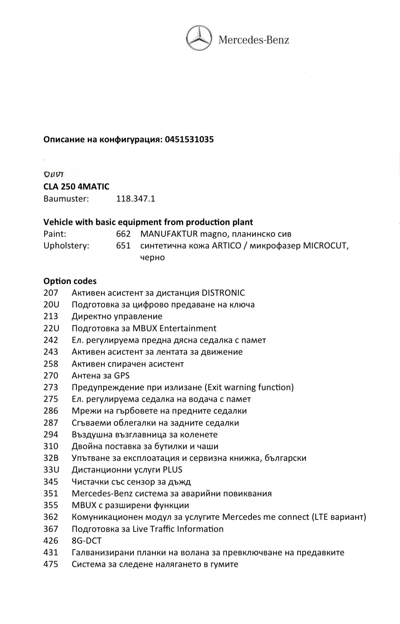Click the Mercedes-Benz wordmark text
(x=254, y=40)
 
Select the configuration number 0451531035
(x=189, y=140)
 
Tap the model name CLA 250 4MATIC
(x=76, y=187)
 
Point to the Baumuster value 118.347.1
(x=135, y=199)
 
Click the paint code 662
(x=123, y=234)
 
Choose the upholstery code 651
(x=123, y=246)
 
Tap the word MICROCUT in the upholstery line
(x=325, y=246)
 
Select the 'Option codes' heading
(x=70, y=281)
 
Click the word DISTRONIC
(x=223, y=293)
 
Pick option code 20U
(x=51, y=305)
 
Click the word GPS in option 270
(x=122, y=375)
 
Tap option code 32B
(x=51, y=458)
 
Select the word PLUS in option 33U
(x=172, y=470)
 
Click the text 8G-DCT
(x=86, y=541)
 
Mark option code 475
(x=51, y=564)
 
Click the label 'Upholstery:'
(x=66, y=246)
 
